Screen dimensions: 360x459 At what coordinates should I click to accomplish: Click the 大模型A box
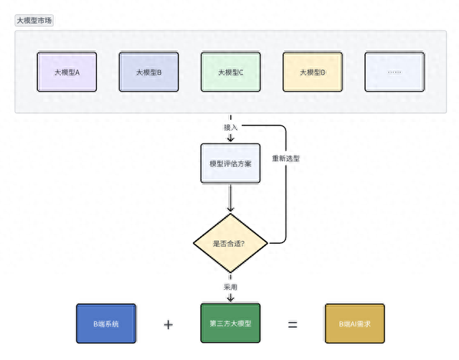coord(67,72)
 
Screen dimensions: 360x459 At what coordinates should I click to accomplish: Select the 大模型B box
coord(148,72)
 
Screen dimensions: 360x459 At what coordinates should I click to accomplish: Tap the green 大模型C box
coord(230,72)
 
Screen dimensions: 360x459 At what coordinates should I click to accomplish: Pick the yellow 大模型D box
coord(312,72)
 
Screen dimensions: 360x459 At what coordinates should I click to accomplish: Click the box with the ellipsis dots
coord(394,72)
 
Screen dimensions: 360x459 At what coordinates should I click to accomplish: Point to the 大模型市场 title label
coord(34,21)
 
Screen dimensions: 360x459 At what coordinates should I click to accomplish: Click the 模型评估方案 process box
coord(230,164)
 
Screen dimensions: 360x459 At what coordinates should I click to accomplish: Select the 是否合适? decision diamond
coord(230,243)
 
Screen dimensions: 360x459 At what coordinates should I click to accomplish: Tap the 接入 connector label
coord(230,127)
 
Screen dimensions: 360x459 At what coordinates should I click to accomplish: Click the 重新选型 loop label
coord(285,158)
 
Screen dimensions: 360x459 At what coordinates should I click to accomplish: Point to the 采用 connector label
coord(230,287)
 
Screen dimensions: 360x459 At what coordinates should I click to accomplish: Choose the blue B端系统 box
coord(106,323)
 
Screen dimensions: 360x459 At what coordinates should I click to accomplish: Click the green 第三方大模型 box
coord(230,323)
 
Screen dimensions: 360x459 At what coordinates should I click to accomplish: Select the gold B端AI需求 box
coord(355,323)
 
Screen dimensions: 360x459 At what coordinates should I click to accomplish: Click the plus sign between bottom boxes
coord(169,324)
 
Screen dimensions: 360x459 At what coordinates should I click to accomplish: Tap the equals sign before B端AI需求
coord(293,324)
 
